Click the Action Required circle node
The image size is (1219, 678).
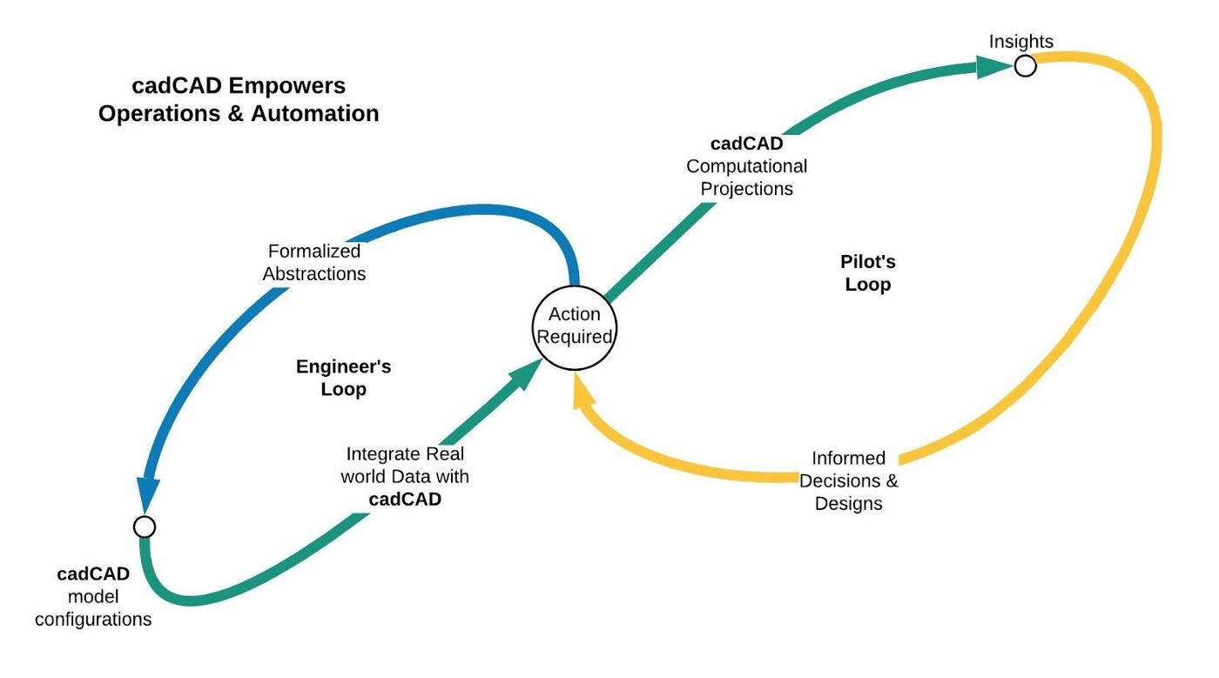click(574, 326)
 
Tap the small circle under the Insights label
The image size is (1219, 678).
click(1026, 66)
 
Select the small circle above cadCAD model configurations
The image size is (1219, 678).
click(145, 527)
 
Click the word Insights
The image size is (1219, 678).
click(1020, 42)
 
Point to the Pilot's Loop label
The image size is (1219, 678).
click(868, 273)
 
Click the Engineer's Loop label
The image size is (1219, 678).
click(343, 378)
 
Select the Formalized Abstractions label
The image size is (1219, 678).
click(313, 262)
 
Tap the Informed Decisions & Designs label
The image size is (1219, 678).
click(848, 480)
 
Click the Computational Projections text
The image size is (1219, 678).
click(746, 178)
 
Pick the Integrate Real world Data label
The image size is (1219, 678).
click(405, 465)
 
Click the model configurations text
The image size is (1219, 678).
click(93, 608)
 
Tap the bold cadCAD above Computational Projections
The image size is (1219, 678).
click(746, 144)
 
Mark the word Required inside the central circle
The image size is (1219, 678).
click(575, 337)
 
